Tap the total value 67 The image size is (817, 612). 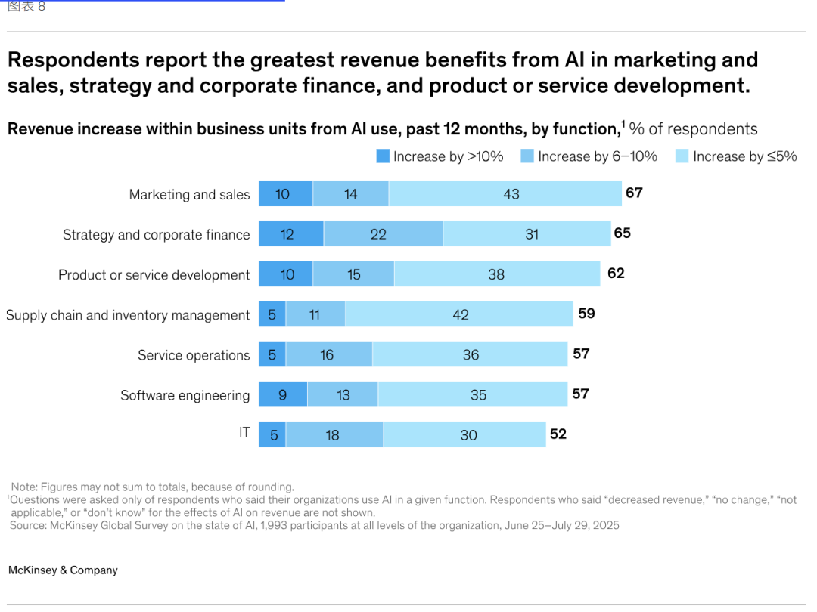634,193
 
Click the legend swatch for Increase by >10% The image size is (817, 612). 383,156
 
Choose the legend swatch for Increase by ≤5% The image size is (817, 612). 682,156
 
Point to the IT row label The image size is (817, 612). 244,433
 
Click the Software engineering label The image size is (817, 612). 185,395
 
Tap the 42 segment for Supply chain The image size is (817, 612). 459,314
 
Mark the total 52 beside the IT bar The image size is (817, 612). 558,434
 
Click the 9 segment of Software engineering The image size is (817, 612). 283,394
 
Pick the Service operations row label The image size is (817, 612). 194,355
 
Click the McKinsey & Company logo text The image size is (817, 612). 63,570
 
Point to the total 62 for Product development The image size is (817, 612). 616,273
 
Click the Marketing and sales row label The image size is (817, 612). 189,195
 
